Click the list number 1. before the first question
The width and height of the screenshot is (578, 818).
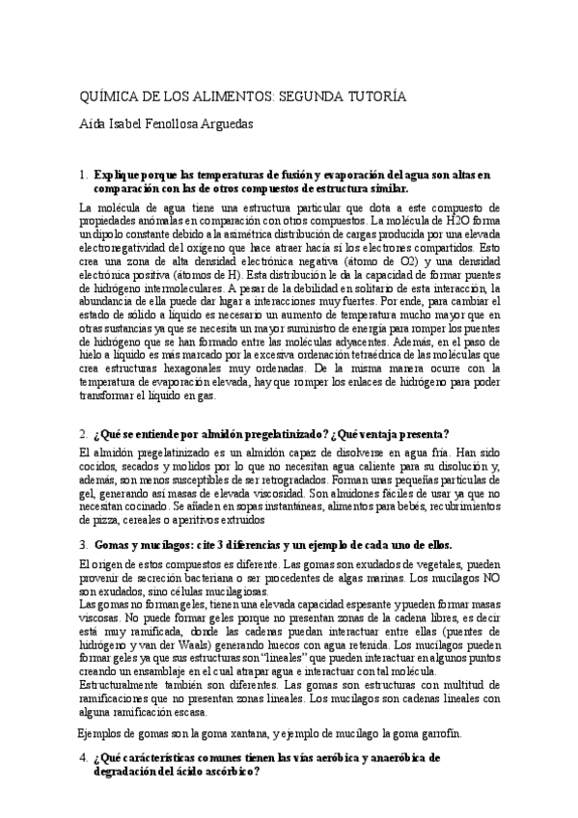(85, 175)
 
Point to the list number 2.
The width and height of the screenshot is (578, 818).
(85, 434)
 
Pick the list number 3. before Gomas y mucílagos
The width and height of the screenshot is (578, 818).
(85, 544)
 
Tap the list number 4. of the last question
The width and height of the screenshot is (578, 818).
(85, 757)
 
